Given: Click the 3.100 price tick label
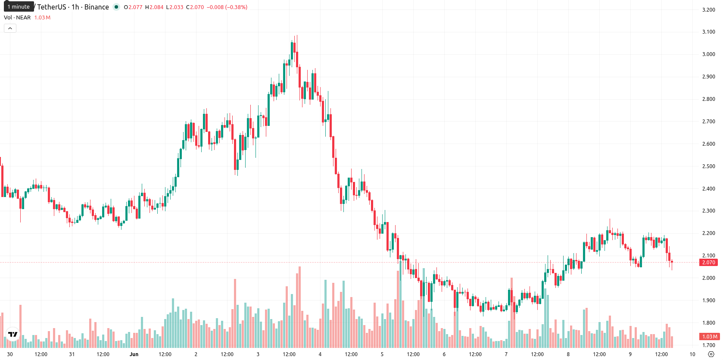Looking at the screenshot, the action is click(x=708, y=32).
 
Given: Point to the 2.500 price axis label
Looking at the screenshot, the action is click(x=708, y=166).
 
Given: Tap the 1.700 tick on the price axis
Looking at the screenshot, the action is click(x=708, y=345).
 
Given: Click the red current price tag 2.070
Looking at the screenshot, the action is click(x=708, y=263).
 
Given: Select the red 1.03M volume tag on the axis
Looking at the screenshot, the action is click(x=709, y=336).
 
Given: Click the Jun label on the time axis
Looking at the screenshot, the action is click(x=134, y=354).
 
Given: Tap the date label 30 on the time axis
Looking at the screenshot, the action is click(x=9, y=354).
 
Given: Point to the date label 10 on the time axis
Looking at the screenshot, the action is click(x=692, y=354).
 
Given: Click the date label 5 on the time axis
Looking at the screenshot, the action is click(x=382, y=354).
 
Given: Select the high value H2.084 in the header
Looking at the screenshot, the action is click(x=154, y=7).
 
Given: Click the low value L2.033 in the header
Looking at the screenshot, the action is click(x=175, y=7).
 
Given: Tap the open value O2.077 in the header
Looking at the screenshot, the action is click(x=133, y=7).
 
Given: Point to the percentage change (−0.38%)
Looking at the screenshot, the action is click(x=236, y=7).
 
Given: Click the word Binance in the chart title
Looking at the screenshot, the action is click(x=97, y=7).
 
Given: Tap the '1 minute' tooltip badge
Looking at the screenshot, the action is click(x=19, y=6).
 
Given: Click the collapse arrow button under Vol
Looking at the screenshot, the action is click(x=10, y=28).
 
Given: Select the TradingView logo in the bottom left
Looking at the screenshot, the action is click(x=13, y=334).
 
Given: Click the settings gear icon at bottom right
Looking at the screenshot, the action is click(x=711, y=354).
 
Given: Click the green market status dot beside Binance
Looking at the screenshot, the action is click(x=116, y=7).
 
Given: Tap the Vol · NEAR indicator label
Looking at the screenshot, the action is click(x=17, y=17).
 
